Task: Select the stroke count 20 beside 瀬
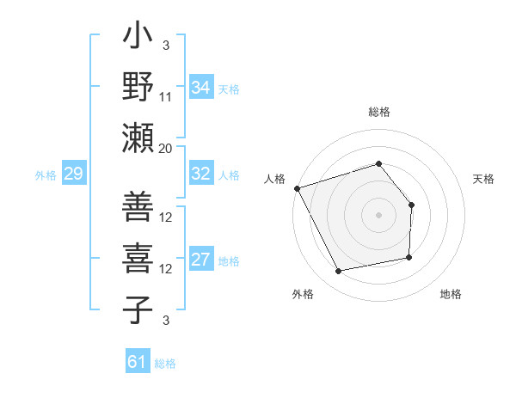coord(166,149)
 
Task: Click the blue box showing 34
coord(200,88)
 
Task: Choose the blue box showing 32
coord(200,174)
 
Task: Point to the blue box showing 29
coord(73,174)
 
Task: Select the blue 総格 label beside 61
coord(165,364)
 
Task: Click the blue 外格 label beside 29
coord(46,175)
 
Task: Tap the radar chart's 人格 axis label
coord(274,179)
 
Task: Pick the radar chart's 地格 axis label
coord(451,294)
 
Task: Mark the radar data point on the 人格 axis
coord(297,187)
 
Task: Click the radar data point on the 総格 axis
coord(378,164)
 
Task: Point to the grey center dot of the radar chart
coord(378,214)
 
